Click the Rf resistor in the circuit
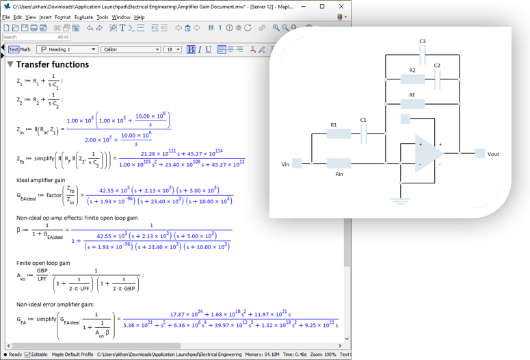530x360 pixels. [x=412, y=104]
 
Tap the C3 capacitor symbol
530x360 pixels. [x=423, y=55]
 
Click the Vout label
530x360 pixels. [x=493, y=154]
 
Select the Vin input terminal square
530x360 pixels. [x=297, y=164]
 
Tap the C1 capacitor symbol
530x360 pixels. [x=364, y=133]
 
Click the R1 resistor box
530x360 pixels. [x=338, y=133]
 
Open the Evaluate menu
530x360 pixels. [x=83, y=17]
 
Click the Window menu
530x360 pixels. [x=121, y=17]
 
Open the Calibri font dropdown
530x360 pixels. [x=130, y=49]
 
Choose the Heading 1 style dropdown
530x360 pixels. [x=67, y=49]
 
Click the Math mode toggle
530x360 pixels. [x=25, y=49]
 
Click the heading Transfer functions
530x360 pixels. [x=53, y=64]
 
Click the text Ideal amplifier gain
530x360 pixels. [x=41, y=180]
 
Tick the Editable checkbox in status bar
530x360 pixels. [x=27, y=355]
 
